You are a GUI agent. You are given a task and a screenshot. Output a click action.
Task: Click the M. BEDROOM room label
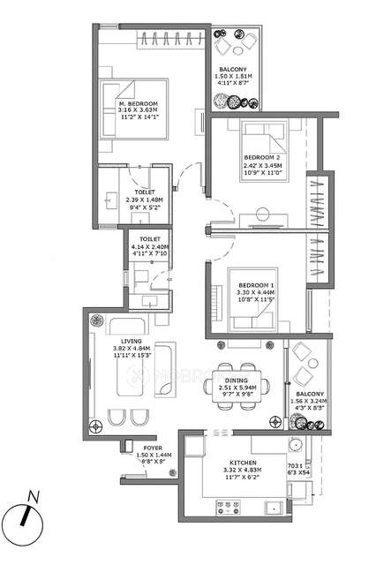139,104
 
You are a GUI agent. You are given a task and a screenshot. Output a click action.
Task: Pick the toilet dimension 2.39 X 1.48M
145,200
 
